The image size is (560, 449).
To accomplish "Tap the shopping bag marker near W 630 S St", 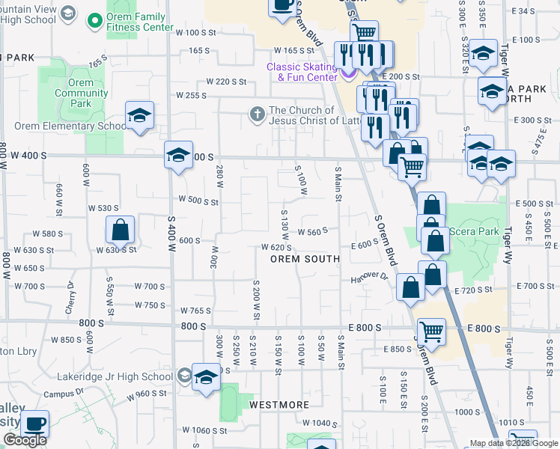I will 120,230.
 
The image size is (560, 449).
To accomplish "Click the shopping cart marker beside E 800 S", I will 431,331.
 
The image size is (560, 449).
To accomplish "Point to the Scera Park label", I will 479,232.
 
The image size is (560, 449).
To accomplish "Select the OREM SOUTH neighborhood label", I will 305,259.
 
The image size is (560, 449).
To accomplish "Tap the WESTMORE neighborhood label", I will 279,405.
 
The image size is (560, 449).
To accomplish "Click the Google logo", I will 25,440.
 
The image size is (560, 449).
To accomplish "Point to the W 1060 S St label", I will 199,430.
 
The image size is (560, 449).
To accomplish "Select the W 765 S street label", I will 196,311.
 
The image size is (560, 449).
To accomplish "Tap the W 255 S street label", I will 191,95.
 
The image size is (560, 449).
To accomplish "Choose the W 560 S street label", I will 313,232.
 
